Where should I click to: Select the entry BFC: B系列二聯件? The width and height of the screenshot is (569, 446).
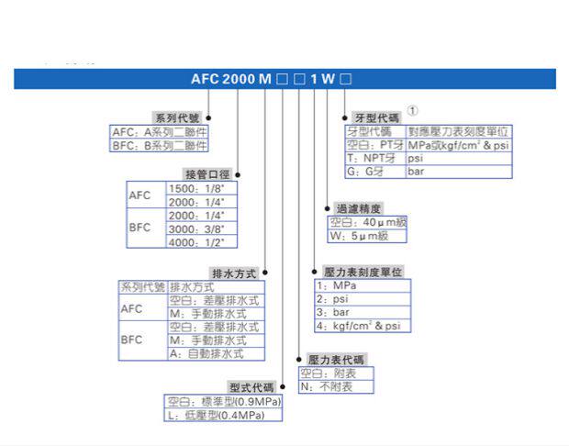tap(160, 144)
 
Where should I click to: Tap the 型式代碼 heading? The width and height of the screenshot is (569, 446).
tap(251, 388)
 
